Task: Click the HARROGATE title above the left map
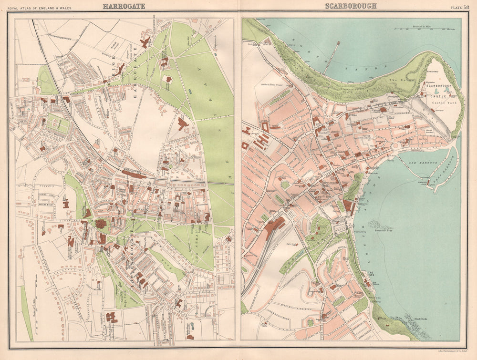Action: click(x=124, y=6)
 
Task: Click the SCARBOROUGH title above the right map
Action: click(x=351, y=6)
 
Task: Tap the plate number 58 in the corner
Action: click(x=466, y=7)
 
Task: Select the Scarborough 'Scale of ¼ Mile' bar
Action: click(x=431, y=29)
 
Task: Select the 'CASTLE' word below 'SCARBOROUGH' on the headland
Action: click(x=436, y=96)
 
